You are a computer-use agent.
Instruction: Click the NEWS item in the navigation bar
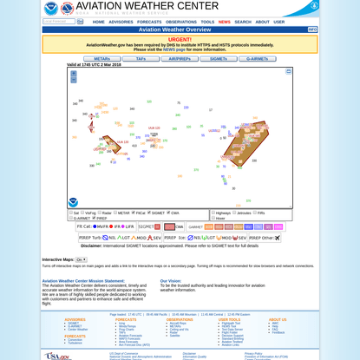coord(224,22)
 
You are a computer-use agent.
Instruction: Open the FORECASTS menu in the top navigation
coord(149,22)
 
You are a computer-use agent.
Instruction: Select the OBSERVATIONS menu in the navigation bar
coord(181,22)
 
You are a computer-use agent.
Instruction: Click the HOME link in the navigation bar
coord(98,22)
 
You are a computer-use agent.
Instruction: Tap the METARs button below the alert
coord(101,59)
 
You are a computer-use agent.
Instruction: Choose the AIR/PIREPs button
coord(180,59)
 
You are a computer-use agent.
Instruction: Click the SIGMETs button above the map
coord(219,59)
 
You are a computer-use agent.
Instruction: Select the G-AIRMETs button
coord(258,59)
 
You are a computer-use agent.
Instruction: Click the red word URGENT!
coord(180,39)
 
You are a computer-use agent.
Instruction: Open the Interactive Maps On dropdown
coord(82,259)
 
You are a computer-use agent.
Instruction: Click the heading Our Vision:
coord(171,280)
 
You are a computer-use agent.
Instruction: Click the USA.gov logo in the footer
coord(57,355)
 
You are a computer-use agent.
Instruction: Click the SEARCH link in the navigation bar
coord(243,22)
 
